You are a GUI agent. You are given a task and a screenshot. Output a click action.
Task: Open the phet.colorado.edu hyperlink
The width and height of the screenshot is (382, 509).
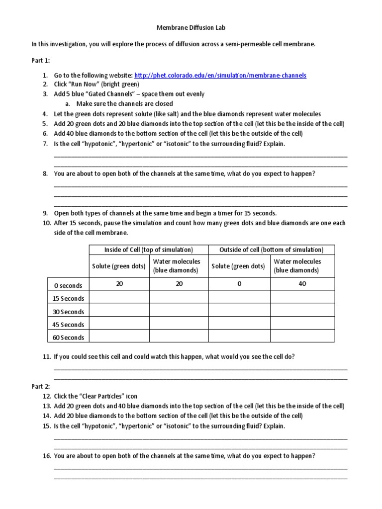(x=220, y=75)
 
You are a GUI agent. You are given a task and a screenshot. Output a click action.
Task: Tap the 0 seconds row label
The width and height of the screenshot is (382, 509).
(x=68, y=285)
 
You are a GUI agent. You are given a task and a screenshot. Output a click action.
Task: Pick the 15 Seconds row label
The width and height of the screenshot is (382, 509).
(x=68, y=299)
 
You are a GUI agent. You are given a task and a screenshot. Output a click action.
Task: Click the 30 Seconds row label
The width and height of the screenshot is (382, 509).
(x=68, y=312)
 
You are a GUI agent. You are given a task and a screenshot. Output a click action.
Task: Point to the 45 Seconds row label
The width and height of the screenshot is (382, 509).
(x=68, y=325)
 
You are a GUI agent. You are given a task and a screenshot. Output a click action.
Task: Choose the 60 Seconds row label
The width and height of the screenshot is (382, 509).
(x=68, y=338)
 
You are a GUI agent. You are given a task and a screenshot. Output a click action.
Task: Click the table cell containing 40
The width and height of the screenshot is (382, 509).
(x=302, y=284)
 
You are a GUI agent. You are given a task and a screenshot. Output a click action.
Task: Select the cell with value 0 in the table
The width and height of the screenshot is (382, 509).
(x=239, y=284)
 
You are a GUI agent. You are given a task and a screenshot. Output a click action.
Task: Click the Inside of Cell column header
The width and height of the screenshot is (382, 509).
(x=148, y=250)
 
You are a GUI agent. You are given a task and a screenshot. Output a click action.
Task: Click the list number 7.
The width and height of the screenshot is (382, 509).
(x=45, y=144)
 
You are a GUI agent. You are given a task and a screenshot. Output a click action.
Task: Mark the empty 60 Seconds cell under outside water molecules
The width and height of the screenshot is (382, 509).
(x=302, y=338)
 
